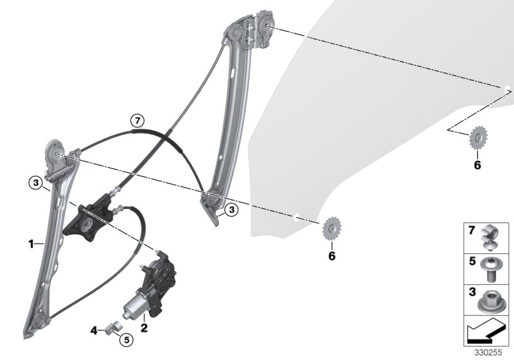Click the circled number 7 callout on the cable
pos(137,121)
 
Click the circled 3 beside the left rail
pos(35,183)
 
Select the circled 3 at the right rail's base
pos(232,210)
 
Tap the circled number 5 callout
pos(127,339)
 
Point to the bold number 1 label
pos(31,244)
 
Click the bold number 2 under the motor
pos(144,328)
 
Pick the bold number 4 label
pos(94,330)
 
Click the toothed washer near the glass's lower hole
pos(332,228)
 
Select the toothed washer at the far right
pos(478,138)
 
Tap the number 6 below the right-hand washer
pos(477,165)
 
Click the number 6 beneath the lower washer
pos(332,256)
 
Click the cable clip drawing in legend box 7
pos(490,238)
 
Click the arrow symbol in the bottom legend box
pos(486,332)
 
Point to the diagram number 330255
pos(488,353)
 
